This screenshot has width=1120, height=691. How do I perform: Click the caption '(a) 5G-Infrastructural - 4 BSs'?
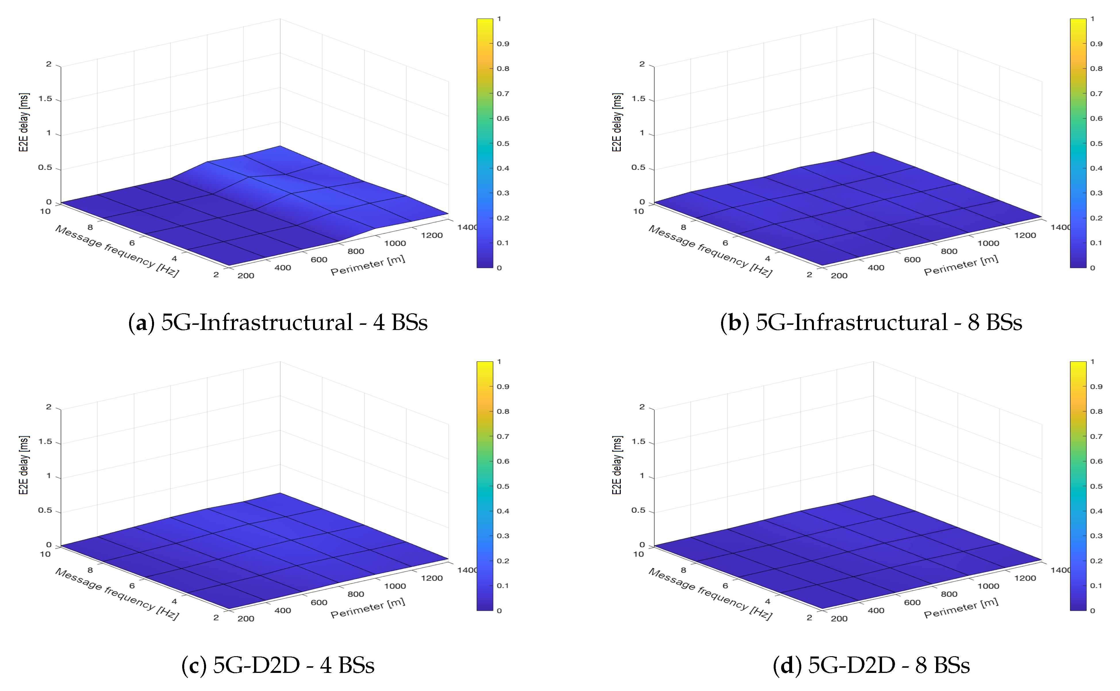[278, 323]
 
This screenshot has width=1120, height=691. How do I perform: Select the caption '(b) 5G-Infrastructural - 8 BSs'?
[871, 323]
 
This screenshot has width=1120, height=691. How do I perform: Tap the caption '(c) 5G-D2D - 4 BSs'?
[278, 665]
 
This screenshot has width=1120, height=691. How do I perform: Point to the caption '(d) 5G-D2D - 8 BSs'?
[871, 665]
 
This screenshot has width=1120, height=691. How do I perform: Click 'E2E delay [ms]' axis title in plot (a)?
[24, 122]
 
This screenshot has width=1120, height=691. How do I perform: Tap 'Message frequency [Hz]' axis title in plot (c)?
[117, 594]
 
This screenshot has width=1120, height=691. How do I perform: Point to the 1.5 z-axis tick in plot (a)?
[45, 99]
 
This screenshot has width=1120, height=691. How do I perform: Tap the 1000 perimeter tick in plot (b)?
[988, 243]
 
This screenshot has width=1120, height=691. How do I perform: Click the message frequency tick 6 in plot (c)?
[132, 586]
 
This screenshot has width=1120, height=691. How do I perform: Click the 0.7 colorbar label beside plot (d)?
[1096, 436]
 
